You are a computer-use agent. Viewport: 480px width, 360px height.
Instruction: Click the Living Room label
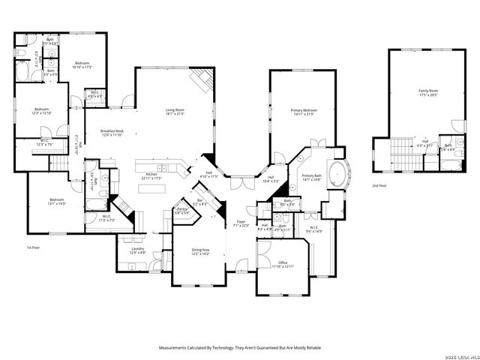[175, 112]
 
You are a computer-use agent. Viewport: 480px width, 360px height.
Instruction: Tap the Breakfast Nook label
[112, 133]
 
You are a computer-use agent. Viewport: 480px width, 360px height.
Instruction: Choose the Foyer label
[241, 223]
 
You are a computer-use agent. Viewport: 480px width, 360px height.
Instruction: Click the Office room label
[282, 264]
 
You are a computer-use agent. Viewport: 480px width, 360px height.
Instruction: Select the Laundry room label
[137, 250]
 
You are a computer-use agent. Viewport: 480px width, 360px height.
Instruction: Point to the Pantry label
[181, 211]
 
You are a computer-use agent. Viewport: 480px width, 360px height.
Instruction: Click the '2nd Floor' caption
[380, 184]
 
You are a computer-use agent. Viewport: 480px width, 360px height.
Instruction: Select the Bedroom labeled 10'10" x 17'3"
[82, 65]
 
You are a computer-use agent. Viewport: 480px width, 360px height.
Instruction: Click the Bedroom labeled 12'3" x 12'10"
[41, 111]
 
